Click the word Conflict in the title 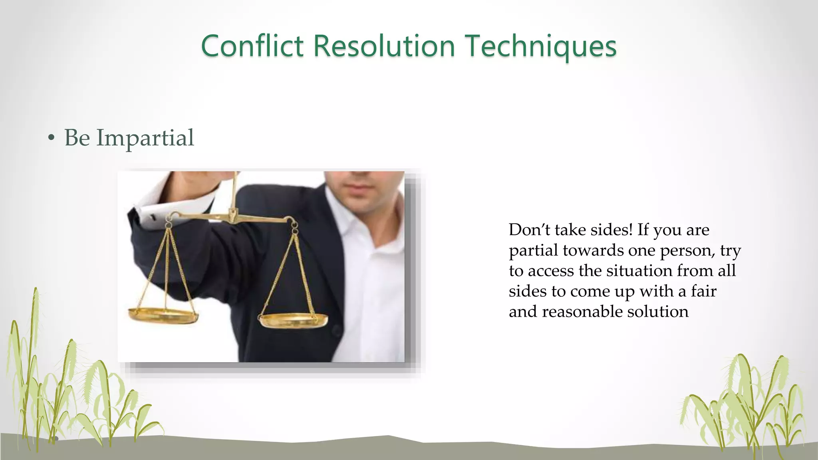point(252,46)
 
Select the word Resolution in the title point(384,46)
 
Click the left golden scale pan point(163,315)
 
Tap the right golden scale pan point(293,320)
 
